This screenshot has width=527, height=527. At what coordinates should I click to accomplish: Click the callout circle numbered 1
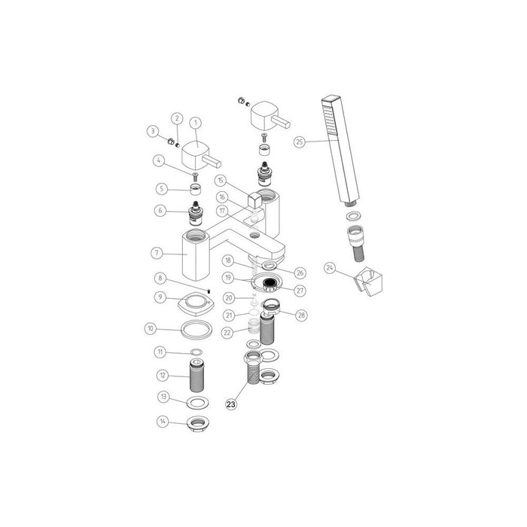pyautogui.click(x=196, y=121)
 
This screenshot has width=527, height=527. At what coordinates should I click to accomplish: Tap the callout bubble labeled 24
pyautogui.click(x=331, y=267)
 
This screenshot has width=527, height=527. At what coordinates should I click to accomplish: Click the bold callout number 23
pyautogui.click(x=231, y=403)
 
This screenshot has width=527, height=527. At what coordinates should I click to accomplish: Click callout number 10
pyautogui.click(x=151, y=328)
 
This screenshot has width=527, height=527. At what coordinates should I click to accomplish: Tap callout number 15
pyautogui.click(x=220, y=181)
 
